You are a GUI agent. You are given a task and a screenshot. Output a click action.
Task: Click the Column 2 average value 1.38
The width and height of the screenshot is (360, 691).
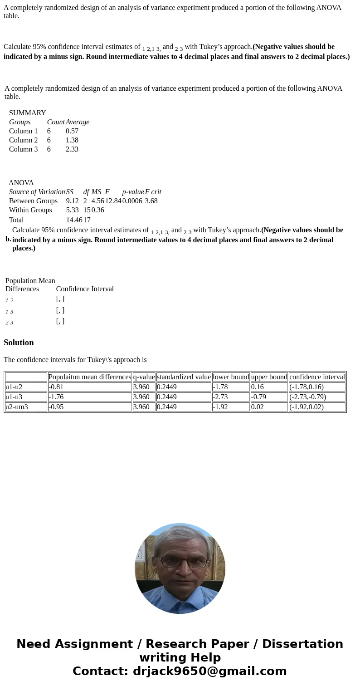72,140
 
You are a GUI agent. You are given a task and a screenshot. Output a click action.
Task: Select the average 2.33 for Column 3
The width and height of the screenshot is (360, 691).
72,149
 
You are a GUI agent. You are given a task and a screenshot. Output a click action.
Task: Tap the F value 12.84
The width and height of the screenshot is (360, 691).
113,201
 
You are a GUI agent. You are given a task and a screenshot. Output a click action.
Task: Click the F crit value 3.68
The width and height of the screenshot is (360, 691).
151,201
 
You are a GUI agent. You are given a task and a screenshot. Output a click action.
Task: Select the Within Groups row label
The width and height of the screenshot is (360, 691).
30,210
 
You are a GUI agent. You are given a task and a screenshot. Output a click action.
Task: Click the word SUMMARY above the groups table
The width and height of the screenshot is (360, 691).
27,113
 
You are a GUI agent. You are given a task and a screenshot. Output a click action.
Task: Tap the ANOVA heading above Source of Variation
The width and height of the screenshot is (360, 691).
21,183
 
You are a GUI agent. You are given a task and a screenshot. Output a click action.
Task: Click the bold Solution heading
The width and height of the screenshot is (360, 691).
19,343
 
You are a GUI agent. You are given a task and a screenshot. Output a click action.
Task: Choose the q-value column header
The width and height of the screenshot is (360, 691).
144,377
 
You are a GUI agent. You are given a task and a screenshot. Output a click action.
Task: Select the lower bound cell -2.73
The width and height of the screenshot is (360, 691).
220,397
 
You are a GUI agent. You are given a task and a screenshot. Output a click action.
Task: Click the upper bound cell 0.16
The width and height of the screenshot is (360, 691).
257,387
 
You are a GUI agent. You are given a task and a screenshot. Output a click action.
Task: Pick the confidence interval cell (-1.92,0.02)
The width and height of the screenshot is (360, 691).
306,407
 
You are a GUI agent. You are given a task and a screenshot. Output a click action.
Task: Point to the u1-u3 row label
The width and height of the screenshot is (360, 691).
14,397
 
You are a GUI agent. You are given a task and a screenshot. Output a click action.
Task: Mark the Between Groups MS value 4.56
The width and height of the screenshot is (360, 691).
97,201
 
